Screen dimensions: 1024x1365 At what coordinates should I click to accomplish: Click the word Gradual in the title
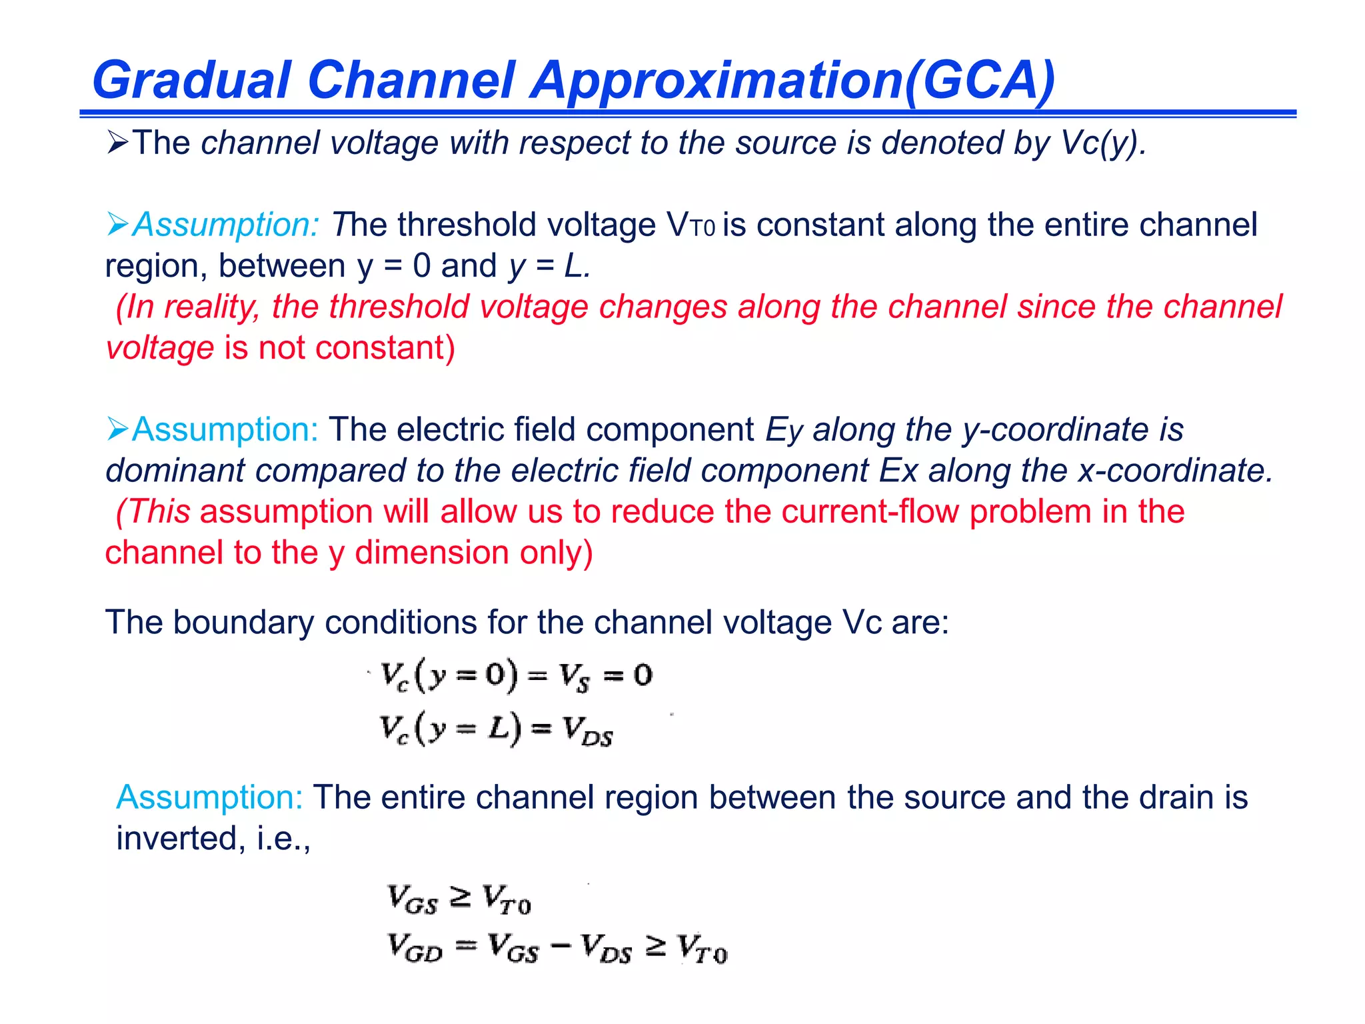[192, 81]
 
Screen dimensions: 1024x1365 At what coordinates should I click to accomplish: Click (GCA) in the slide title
[979, 81]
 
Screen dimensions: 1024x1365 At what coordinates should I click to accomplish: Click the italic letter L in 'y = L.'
[575, 266]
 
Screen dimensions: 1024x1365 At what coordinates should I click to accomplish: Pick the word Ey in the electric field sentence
[784, 430]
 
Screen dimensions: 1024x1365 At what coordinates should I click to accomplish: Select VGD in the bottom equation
[415, 948]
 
